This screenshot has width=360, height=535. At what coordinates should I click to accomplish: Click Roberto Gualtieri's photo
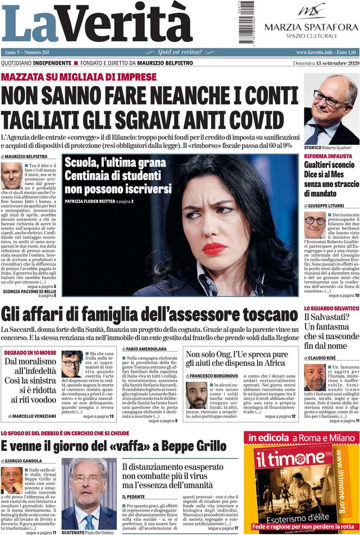(x=331, y=109)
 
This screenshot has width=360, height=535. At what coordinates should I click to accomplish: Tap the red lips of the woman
(x=214, y=248)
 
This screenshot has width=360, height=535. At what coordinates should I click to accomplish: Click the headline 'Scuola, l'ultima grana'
(x=115, y=163)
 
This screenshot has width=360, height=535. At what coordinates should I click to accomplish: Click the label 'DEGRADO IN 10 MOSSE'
(x=30, y=353)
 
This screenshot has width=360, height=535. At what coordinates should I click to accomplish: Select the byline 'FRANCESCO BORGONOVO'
(x=212, y=376)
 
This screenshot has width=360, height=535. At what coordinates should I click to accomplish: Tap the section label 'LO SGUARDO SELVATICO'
(x=331, y=308)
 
